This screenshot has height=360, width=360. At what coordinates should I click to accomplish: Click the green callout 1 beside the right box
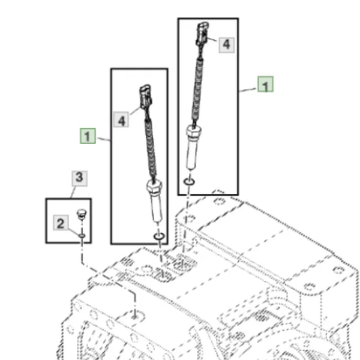pos(265,84)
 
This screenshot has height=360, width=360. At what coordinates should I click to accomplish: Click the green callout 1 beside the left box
pos(88,136)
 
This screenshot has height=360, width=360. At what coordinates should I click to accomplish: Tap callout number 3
pos(79,178)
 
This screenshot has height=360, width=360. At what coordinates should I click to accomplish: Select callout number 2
pos(61,223)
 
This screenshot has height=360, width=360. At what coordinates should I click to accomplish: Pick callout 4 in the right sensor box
pos(227,45)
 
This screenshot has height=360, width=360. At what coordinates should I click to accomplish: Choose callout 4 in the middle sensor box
pos(121,119)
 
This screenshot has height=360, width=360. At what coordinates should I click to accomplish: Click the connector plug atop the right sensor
pos(202,34)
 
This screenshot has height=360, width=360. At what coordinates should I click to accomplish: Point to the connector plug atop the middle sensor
pos(146,97)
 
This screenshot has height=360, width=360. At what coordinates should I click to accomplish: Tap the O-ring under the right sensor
pos(189,182)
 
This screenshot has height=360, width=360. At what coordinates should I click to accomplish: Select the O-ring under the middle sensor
pos(159,236)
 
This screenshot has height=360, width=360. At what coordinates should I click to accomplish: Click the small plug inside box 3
pos(81,214)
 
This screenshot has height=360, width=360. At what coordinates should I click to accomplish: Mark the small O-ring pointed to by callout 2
pos(82,236)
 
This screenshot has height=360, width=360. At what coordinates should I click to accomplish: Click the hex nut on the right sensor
pos(194,131)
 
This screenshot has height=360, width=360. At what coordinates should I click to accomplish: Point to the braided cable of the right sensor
pos(197,92)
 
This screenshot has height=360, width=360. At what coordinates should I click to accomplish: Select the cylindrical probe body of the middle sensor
pos(156,206)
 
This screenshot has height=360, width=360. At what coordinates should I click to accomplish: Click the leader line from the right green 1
pos(248,90)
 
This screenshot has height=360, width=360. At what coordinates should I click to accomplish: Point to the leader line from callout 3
pos(73,192)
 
